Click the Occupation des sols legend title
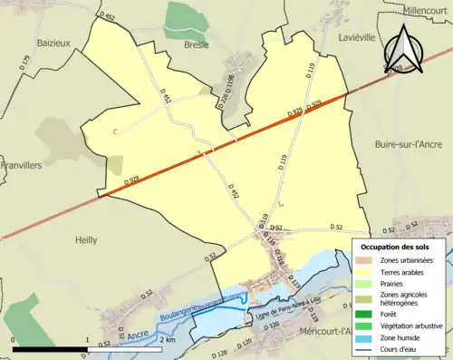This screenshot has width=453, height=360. pyautogui.click(x=395, y=247)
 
